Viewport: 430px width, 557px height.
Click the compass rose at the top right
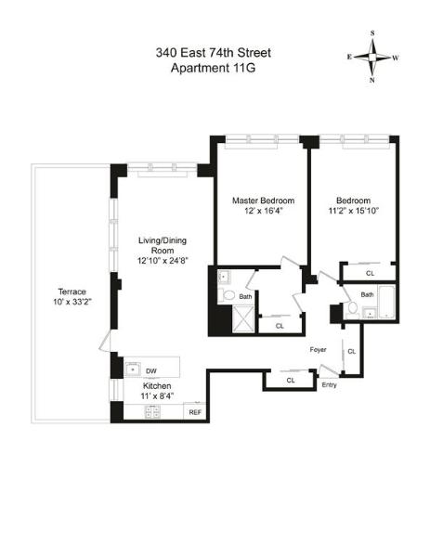(x=372, y=57)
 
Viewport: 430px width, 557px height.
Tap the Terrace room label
(x=72, y=291)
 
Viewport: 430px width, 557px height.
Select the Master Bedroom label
(x=264, y=201)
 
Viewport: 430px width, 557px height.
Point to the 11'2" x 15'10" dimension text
(x=354, y=211)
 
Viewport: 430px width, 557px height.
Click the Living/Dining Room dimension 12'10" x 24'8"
(x=163, y=261)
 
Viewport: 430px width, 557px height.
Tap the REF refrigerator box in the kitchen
(x=195, y=412)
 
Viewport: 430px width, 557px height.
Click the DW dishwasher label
(x=151, y=371)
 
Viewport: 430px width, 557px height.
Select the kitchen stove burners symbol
(x=153, y=411)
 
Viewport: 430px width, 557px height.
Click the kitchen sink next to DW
(x=133, y=369)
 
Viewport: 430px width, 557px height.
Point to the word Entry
(x=329, y=384)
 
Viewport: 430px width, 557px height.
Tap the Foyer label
(x=318, y=350)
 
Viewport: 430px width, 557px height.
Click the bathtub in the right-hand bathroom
(x=386, y=302)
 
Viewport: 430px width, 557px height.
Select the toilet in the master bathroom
(x=228, y=295)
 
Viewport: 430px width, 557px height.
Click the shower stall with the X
(x=243, y=319)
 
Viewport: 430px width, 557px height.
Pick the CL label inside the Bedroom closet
(x=371, y=273)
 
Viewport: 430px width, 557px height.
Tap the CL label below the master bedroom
(x=280, y=326)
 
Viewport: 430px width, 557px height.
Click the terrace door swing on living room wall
(x=105, y=341)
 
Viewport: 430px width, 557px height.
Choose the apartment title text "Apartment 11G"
(x=214, y=68)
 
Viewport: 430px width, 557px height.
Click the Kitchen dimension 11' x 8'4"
(x=157, y=395)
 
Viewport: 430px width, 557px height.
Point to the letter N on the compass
(x=372, y=80)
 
